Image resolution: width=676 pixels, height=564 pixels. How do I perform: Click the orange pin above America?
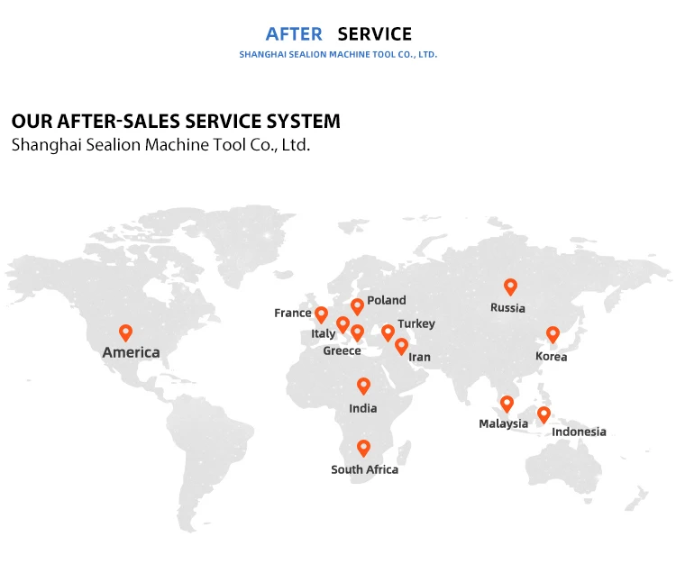coord(125,332)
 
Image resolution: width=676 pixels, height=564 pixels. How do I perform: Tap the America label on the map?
coord(131,352)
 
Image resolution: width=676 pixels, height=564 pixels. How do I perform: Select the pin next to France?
coord(321,314)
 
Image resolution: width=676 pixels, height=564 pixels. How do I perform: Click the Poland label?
coord(387,300)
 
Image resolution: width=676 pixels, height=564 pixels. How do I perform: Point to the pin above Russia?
coord(510,287)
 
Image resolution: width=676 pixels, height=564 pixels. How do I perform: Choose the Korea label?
coord(551,356)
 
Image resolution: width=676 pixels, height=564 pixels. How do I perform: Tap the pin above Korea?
coord(553,334)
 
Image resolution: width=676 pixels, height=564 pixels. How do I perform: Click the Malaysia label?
coord(503,423)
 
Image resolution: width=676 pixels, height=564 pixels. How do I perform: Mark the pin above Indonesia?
coord(544,414)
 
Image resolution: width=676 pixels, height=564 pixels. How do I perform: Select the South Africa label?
coord(364,469)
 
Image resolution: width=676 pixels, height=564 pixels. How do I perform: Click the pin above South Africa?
coord(363,447)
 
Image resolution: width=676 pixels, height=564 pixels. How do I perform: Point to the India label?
coord(363,408)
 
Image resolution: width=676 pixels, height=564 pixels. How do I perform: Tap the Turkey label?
coord(416,323)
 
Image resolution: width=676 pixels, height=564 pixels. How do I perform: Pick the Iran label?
coord(419,357)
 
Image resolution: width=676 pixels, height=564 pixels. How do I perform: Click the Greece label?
coord(342,350)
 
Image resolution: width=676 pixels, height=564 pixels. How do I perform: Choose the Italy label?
coord(323,333)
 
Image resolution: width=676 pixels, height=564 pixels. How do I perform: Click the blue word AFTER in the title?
coord(293,34)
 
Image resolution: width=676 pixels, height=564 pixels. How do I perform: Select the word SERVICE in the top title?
coord(374,34)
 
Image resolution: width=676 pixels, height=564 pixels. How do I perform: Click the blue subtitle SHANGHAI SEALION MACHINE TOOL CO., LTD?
coord(338,55)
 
